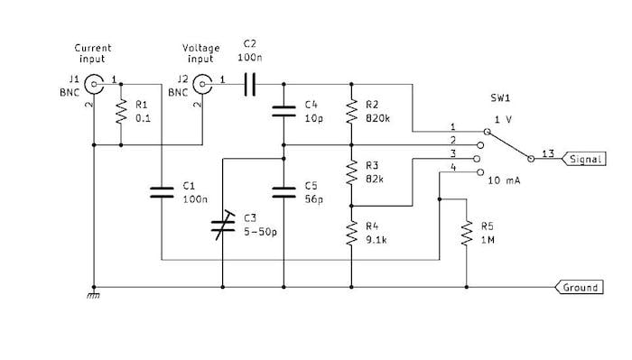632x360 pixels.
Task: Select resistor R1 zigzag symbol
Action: pyautogui.click(x=120, y=114)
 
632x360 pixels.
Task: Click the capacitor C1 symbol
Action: pyautogui.click(x=161, y=191)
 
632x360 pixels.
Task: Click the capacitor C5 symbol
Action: pyautogui.click(x=284, y=190)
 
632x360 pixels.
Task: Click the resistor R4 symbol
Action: pyautogui.click(x=349, y=234)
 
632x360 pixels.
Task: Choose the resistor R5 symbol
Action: pyautogui.click(x=467, y=234)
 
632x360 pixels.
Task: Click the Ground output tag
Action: pyautogui.click(x=579, y=288)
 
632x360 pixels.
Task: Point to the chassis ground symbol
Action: pyautogui.click(x=93, y=294)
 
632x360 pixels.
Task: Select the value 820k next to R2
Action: pyautogui.click(x=378, y=118)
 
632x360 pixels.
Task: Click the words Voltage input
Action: pyautogui.click(x=200, y=52)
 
